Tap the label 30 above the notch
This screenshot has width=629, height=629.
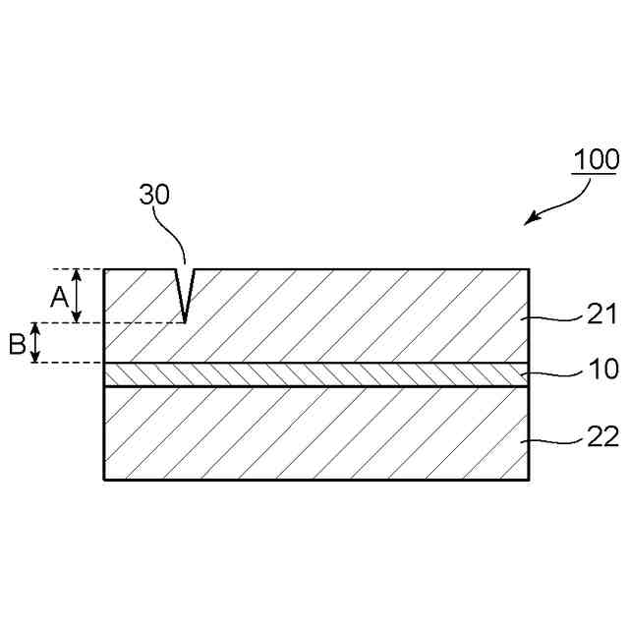154,195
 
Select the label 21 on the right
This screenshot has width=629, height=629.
601,314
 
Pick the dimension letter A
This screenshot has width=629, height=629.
59,295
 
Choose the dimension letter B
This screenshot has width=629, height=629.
17,344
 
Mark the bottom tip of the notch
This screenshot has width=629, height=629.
185,319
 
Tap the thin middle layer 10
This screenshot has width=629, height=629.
314,374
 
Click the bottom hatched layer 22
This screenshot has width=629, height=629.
314,432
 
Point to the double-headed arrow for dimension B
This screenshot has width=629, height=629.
36,343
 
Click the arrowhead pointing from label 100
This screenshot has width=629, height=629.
529,220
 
